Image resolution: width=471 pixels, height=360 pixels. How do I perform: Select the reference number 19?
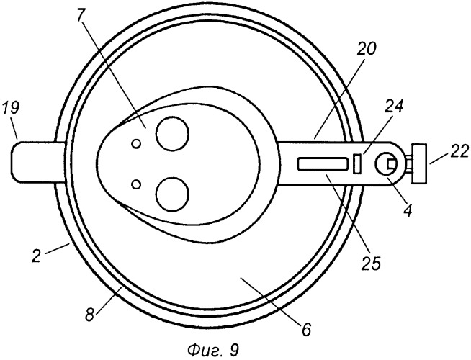coord(11,108)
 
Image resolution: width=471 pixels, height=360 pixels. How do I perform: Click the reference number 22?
coord(459,152)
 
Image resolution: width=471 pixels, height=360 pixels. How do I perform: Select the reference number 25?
coord(371,263)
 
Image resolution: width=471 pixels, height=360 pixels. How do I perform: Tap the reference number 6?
coord(305,330)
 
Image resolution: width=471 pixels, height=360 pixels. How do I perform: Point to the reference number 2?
coord(36,257)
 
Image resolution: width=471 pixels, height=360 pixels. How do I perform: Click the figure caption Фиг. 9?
coord(213,350)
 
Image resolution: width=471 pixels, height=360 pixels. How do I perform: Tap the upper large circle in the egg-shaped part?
coord(173,134)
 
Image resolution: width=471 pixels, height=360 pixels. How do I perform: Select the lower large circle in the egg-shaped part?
coord(173,194)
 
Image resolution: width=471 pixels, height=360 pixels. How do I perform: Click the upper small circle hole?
coord(136,144)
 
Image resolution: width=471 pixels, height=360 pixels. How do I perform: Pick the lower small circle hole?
coord(136,184)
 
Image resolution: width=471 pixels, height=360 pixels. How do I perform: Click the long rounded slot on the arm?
coord(323,164)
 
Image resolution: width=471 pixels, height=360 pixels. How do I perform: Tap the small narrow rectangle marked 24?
coord(357,163)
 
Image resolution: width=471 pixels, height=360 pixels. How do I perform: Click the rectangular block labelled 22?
coord(420,164)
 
